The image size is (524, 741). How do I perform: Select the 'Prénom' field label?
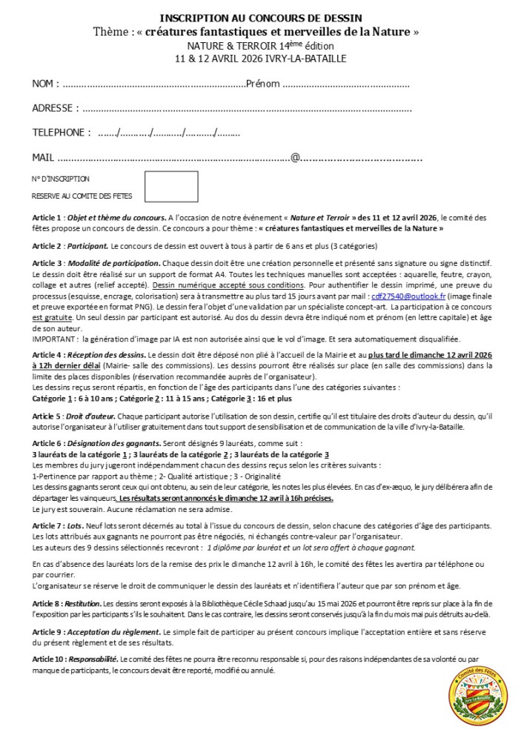pos(262,84)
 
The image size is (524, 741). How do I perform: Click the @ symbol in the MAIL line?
pos(295,157)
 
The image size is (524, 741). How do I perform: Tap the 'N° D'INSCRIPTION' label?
pos(61,179)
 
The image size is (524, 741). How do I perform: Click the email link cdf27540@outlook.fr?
pos(414,294)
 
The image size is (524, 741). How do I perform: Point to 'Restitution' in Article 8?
pos(83,605)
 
